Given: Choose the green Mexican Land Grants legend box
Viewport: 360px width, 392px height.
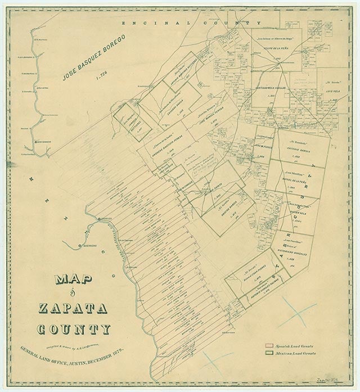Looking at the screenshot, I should pyautogui.click(x=268, y=353).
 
